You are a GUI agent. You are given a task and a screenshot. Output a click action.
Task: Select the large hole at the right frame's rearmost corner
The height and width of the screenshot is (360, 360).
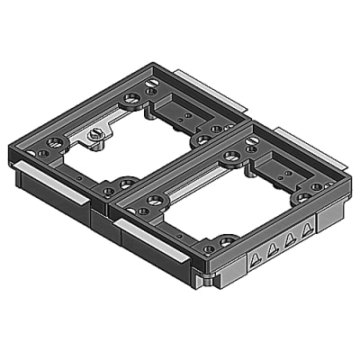(x=231, y=156)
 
